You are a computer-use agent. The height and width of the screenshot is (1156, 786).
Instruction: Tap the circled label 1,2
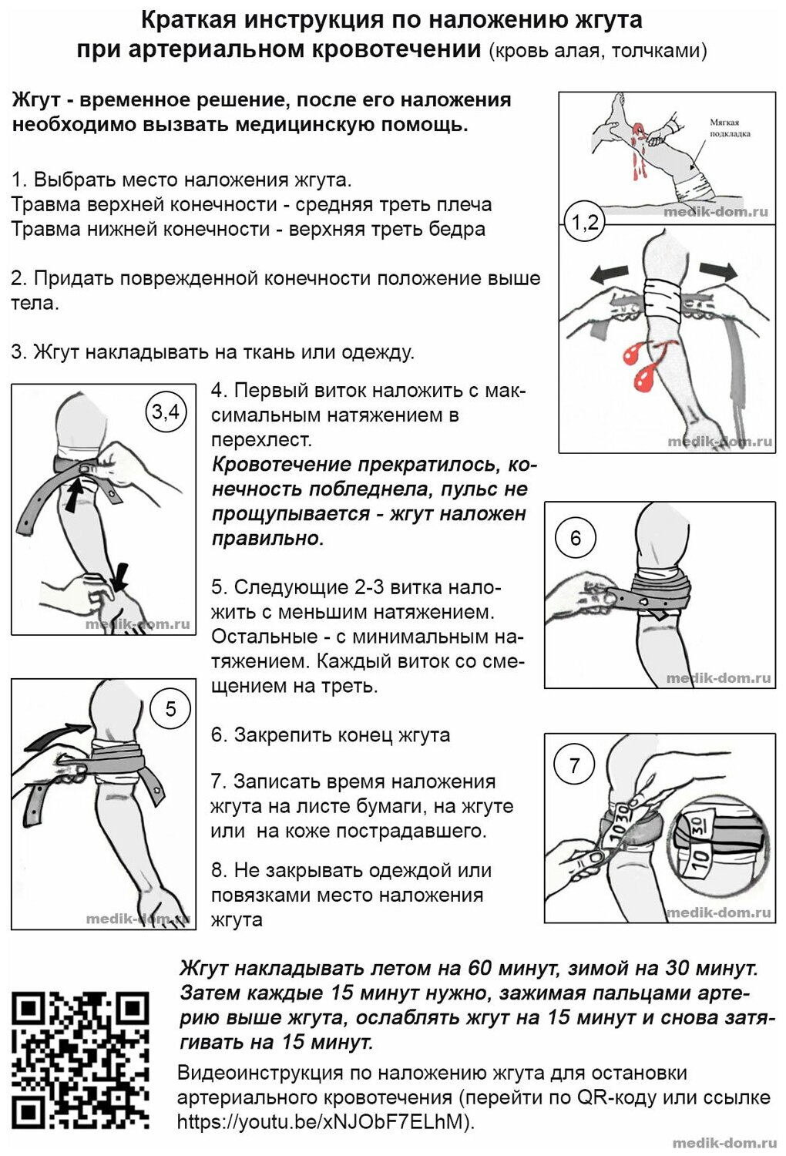[x=584, y=223]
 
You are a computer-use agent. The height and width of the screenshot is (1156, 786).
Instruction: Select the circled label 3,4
[x=165, y=412]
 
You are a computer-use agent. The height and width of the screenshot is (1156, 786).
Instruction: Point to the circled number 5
[x=171, y=708]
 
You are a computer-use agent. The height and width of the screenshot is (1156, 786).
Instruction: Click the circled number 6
[x=575, y=538]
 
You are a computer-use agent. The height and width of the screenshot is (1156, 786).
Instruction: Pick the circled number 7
[x=574, y=765]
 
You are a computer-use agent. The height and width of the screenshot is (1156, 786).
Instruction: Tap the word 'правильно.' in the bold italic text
[x=267, y=538]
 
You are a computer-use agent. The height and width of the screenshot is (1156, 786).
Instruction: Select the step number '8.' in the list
[x=219, y=871]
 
